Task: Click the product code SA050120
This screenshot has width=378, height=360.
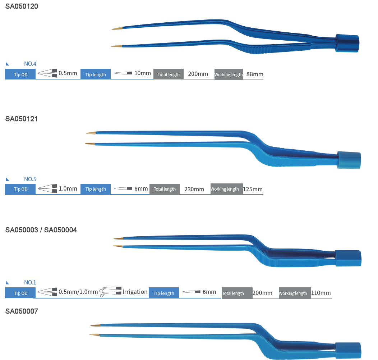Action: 22,6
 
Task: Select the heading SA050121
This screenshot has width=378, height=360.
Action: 22,119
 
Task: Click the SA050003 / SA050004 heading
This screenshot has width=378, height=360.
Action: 41,230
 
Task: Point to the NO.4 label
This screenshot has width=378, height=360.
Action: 30,64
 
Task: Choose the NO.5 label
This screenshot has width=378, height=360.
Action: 30,179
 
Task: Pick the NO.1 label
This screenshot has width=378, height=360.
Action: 30,283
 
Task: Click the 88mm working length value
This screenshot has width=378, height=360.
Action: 255,74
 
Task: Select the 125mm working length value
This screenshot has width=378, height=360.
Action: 253,189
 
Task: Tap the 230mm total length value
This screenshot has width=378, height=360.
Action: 194,189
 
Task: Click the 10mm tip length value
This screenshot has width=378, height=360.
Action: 143,73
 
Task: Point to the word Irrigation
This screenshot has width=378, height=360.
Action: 135,292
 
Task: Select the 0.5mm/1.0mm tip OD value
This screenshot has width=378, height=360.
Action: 78,292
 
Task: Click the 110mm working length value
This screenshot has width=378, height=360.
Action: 321,293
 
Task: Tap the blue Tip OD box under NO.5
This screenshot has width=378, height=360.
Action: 20,189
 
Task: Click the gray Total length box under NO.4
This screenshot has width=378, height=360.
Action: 169,74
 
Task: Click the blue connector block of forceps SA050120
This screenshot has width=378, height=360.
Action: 347,43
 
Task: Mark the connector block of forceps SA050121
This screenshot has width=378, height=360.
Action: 349,160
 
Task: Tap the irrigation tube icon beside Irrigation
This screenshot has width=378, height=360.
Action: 111,292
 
